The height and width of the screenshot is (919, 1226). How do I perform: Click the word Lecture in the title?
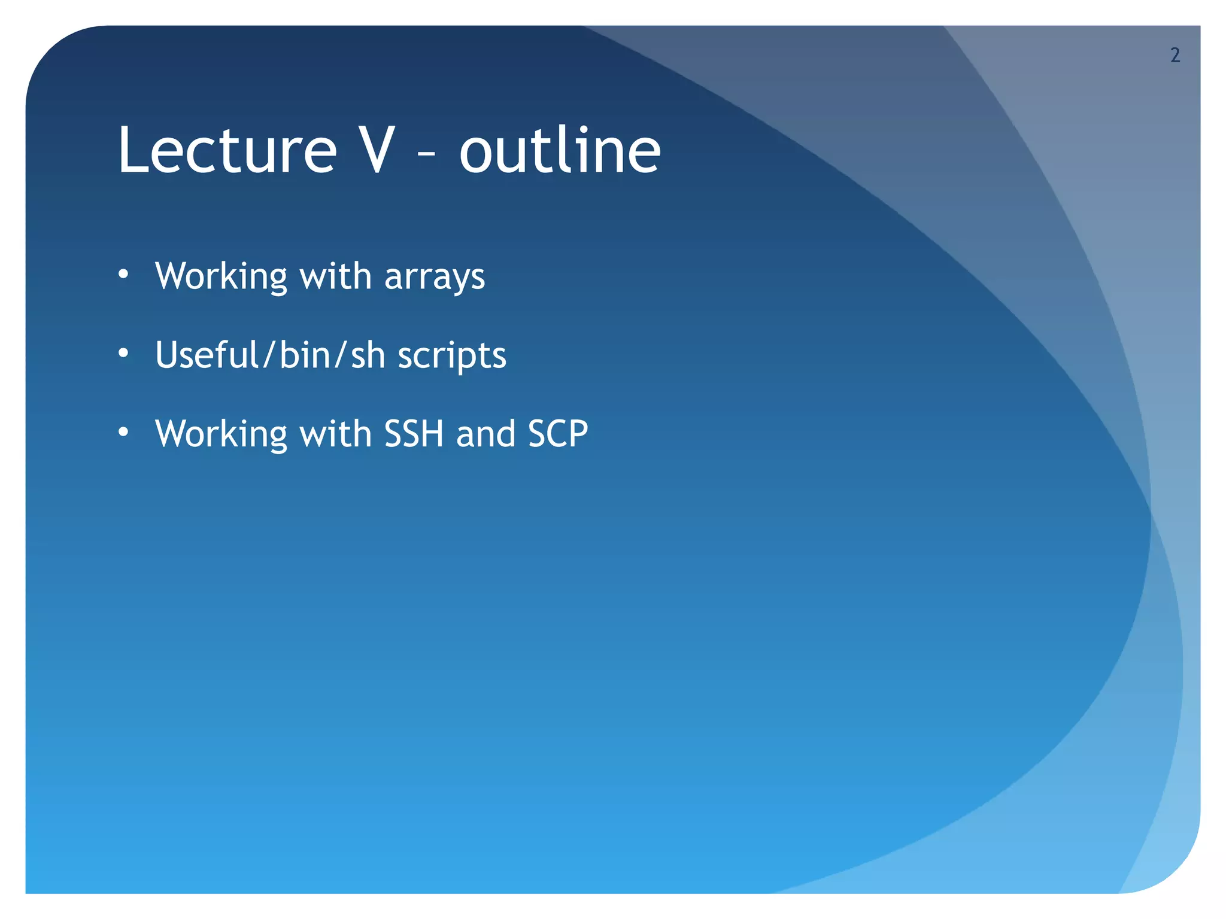click(227, 151)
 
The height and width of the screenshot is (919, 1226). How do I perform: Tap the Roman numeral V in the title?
click(374, 151)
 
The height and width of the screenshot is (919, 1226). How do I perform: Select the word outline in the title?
click(560, 151)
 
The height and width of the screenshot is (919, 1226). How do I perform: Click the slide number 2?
click(1175, 56)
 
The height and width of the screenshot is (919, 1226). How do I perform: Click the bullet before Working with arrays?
click(123, 275)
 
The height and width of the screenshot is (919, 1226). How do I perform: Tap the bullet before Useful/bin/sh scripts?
click(123, 354)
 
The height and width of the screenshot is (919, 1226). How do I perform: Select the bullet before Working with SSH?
click(123, 433)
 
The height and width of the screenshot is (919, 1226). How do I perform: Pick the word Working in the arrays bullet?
click(221, 276)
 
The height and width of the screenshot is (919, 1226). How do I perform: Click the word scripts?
click(452, 357)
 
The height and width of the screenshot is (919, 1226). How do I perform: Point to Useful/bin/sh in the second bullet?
click(270, 355)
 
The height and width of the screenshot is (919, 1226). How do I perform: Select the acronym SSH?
click(414, 434)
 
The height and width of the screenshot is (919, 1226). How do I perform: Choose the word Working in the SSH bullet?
click(221, 434)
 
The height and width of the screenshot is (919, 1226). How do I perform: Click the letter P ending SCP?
click(578, 434)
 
